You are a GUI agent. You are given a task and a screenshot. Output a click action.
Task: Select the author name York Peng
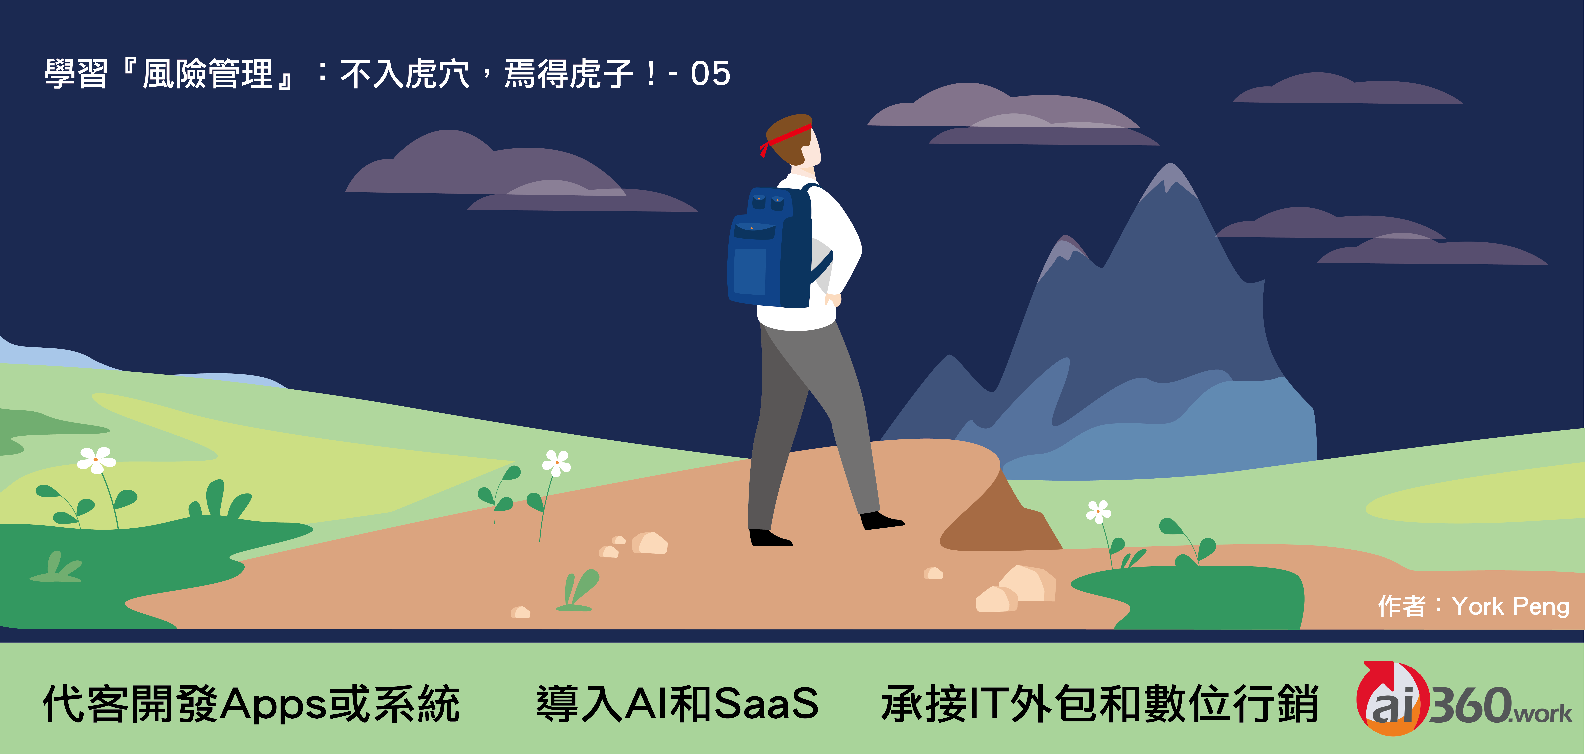tap(1511, 607)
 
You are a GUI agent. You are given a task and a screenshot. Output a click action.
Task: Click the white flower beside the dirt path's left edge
tap(556, 463)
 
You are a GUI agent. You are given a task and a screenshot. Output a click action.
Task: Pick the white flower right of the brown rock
tap(1098, 511)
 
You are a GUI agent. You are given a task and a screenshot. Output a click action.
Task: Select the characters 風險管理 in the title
tap(207, 75)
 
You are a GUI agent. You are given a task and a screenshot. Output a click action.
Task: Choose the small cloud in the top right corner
tap(1347, 88)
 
